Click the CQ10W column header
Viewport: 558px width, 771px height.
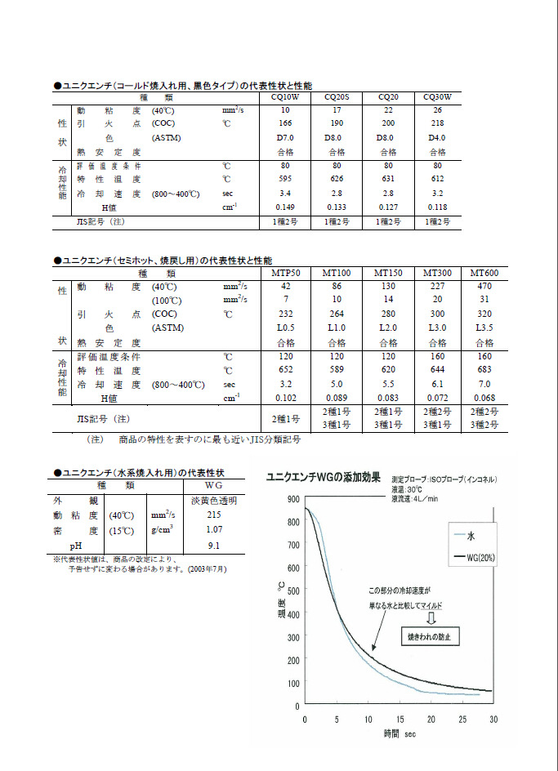click(285, 96)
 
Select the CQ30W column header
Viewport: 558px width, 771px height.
click(437, 96)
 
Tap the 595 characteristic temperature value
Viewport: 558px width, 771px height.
click(285, 179)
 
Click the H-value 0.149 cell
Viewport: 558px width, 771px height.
click(285, 207)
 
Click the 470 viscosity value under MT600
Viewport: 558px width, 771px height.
click(484, 286)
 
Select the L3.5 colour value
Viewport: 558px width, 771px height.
click(484, 328)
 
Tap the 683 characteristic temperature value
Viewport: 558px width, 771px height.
click(484, 370)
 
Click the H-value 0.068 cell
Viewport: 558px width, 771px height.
click(484, 398)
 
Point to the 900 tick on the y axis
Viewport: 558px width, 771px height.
click(292, 497)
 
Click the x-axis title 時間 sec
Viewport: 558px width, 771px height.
click(401, 734)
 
